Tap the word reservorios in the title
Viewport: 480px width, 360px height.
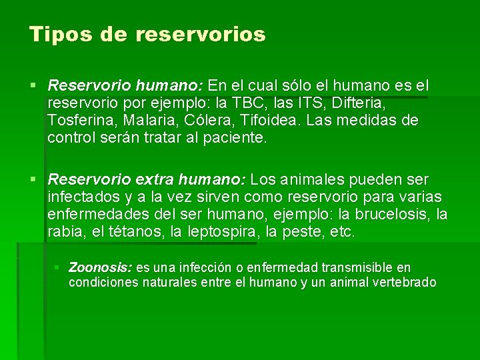pos(201,35)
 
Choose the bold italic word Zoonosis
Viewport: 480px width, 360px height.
pos(100,268)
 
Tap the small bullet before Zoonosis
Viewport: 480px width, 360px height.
pos(57,268)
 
